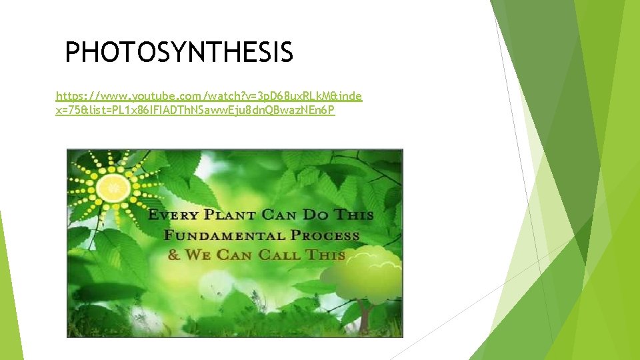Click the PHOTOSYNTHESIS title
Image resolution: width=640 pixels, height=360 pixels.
[x=179, y=52]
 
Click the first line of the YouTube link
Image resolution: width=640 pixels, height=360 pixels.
[x=209, y=96]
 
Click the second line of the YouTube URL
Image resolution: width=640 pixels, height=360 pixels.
[x=195, y=110]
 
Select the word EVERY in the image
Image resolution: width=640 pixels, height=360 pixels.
[x=173, y=215]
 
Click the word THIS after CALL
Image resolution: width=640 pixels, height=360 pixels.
[x=326, y=255]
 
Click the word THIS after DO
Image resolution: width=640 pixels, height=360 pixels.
[x=355, y=215]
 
